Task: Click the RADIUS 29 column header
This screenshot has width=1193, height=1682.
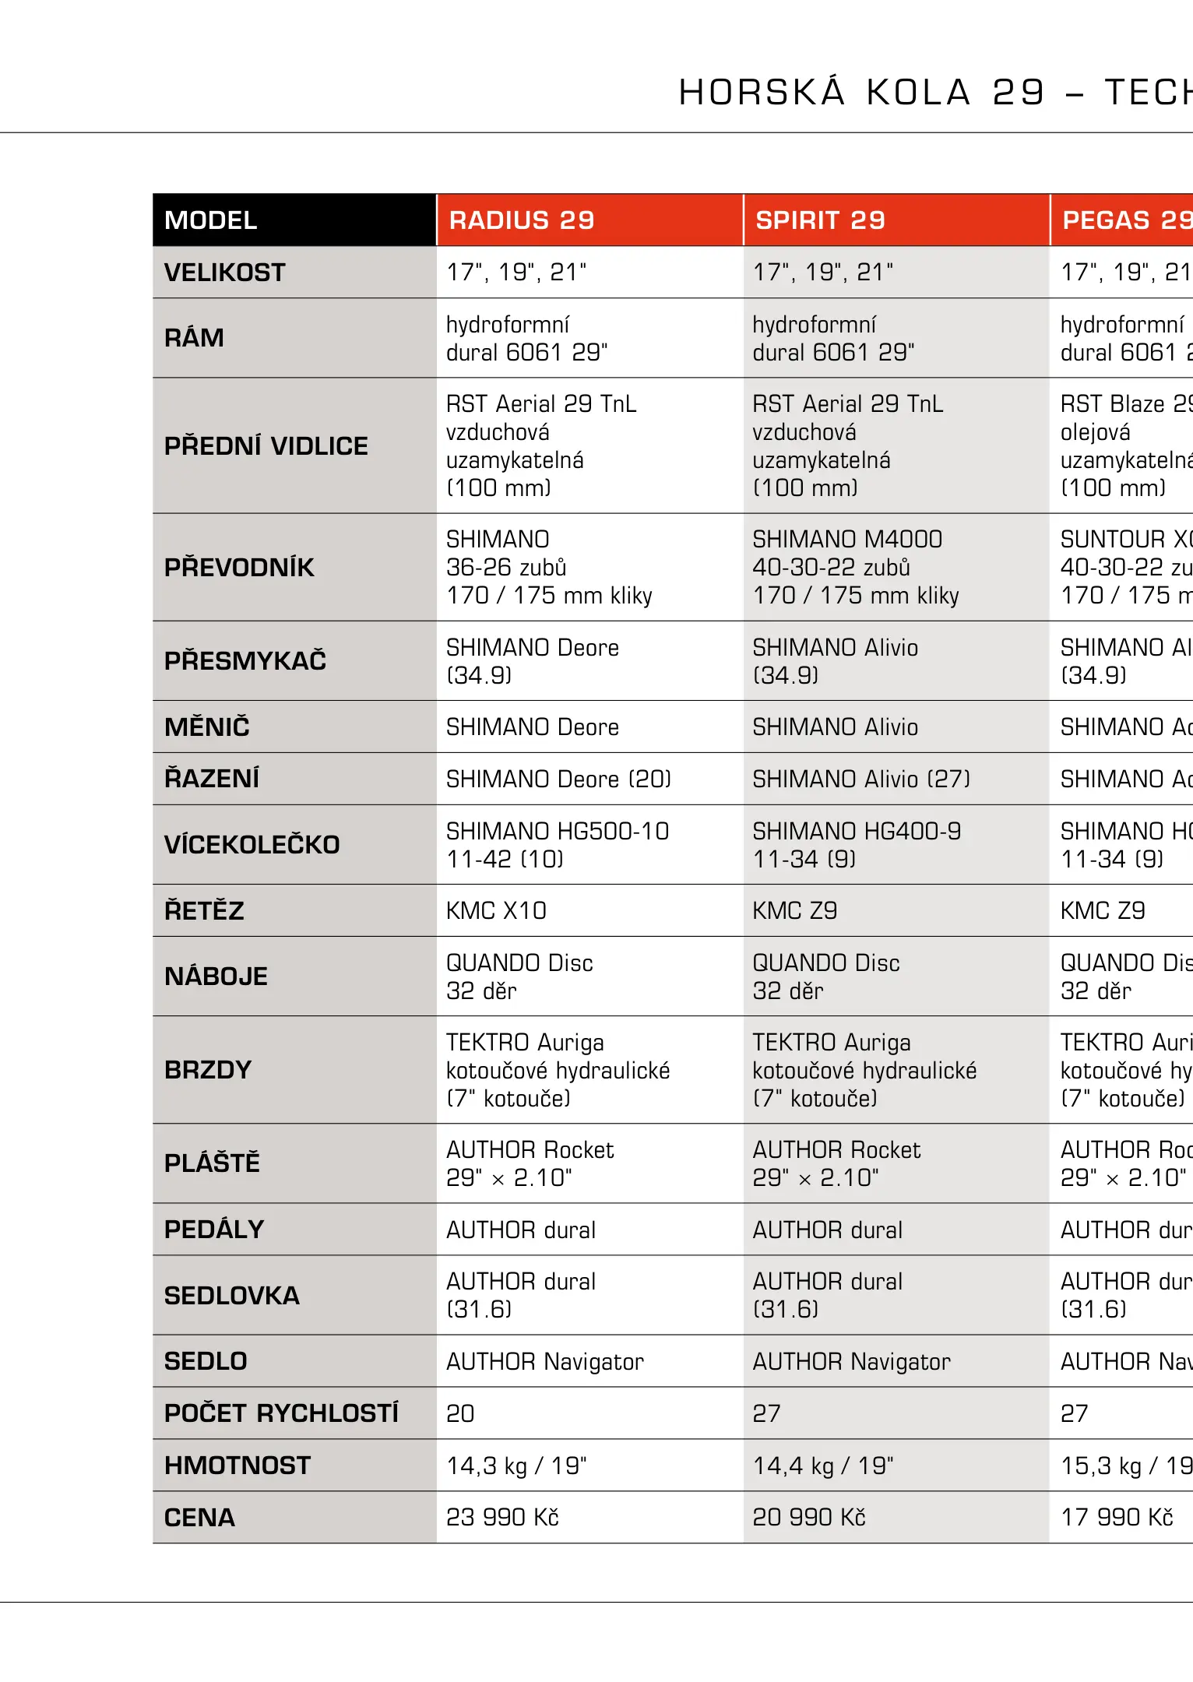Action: [522, 220]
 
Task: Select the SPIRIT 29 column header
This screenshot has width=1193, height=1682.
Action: [820, 220]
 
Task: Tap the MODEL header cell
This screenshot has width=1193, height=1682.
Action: [211, 220]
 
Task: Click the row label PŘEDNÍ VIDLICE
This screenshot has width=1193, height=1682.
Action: [266, 446]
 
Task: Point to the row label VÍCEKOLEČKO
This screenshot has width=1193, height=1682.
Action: [252, 845]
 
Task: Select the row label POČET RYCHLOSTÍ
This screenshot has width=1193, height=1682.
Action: [281, 1413]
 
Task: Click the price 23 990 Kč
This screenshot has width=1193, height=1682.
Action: [502, 1518]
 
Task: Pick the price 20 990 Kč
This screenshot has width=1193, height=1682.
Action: [809, 1518]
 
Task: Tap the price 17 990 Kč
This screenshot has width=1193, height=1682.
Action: [1117, 1518]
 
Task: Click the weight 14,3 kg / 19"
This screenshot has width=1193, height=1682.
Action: [516, 1466]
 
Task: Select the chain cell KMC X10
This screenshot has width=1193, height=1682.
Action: [496, 911]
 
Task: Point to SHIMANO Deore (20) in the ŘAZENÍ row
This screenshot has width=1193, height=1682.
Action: [558, 779]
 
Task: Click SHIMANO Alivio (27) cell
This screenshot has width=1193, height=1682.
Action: [861, 779]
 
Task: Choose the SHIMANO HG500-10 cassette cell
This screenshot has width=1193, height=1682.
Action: [558, 845]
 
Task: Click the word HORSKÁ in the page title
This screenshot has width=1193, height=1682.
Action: [762, 93]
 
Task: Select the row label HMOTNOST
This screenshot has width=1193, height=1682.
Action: [238, 1466]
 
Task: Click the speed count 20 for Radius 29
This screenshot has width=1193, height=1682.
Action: [460, 1413]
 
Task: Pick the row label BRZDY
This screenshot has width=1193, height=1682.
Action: [208, 1070]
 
